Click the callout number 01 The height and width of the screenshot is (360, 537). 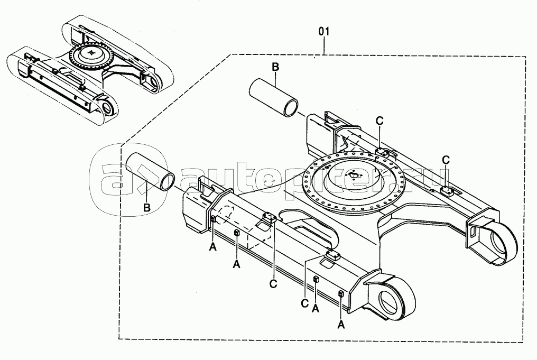(x=323, y=32)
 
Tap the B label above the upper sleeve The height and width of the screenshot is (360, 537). (x=275, y=67)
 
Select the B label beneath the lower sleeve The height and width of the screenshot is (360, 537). (x=146, y=207)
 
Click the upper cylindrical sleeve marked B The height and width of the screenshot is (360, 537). (x=273, y=98)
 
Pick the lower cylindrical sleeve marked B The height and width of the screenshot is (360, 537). (x=151, y=172)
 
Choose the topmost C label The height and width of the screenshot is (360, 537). (x=379, y=121)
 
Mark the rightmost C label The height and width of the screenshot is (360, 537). (x=446, y=160)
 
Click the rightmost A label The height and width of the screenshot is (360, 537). (x=341, y=324)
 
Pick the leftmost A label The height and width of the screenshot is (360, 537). (x=212, y=247)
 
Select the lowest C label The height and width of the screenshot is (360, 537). (x=305, y=303)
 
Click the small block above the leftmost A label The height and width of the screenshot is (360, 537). (x=213, y=219)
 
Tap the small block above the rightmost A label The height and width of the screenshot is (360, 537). (x=341, y=293)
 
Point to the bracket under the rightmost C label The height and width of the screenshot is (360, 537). (x=448, y=190)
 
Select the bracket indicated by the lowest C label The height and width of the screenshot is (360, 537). (x=332, y=255)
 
